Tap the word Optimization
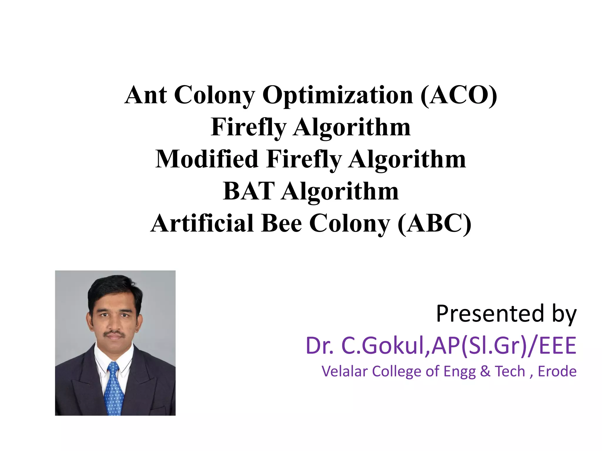pos(338,96)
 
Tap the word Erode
pos(557,371)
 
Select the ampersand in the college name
pos(485,371)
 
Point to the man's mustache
pos(114,334)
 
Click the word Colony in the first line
pos(214,95)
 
